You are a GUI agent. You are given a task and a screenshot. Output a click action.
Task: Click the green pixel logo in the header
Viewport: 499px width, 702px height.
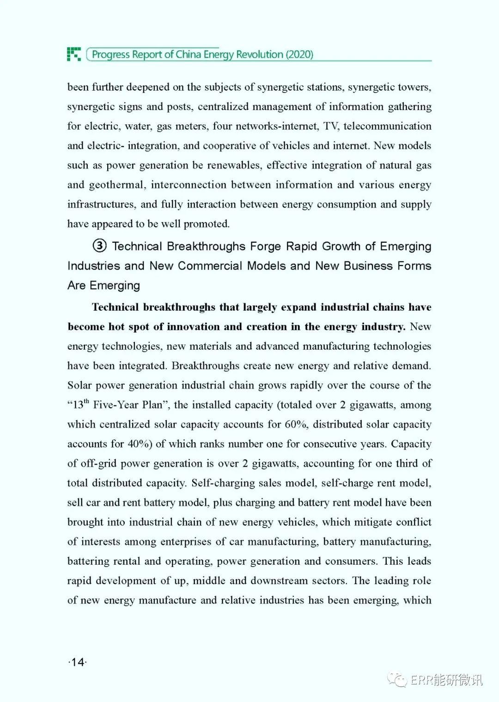pyautogui.click(x=74, y=54)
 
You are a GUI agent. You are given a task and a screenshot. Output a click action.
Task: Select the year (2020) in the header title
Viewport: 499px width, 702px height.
pyautogui.click(x=299, y=55)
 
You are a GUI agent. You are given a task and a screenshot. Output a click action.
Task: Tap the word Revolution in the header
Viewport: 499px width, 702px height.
pyautogui.click(x=259, y=55)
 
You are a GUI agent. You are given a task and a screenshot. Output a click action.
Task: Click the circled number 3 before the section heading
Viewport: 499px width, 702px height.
pyautogui.click(x=99, y=246)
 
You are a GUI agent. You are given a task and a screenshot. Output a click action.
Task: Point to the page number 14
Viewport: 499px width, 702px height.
pyautogui.click(x=78, y=662)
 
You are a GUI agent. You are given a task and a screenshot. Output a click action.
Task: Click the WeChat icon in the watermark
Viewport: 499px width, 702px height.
pyautogui.click(x=397, y=679)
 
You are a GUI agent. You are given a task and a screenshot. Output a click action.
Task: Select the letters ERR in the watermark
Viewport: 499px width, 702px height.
pyautogui.click(x=421, y=680)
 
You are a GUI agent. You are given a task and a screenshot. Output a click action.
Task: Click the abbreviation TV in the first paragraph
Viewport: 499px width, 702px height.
pyautogui.click(x=331, y=126)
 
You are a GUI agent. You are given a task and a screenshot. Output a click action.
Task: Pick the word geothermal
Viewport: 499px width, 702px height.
pyautogui.click(x=116, y=185)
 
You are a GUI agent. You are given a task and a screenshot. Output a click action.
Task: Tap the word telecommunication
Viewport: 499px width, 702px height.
pyautogui.click(x=387, y=126)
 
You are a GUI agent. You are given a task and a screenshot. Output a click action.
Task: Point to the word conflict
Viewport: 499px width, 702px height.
pyautogui.click(x=413, y=522)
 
